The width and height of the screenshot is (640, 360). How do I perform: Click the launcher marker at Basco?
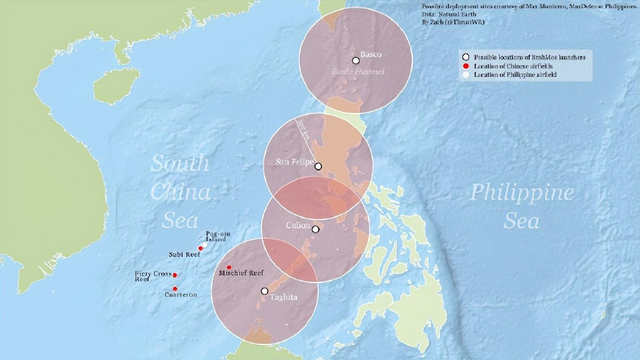(355, 61)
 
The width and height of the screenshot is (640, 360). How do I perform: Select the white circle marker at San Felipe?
(318, 166)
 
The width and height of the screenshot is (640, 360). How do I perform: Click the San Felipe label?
(293, 160)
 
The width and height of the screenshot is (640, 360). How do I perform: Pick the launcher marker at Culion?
(315, 229)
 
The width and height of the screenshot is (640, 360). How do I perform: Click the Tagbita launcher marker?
(264, 291)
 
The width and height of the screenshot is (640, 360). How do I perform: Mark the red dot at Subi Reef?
(201, 248)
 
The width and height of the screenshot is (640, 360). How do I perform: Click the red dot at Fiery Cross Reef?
(175, 274)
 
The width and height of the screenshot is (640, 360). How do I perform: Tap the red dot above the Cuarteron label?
(174, 288)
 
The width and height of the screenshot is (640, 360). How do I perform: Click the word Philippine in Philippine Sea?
(522, 193)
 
